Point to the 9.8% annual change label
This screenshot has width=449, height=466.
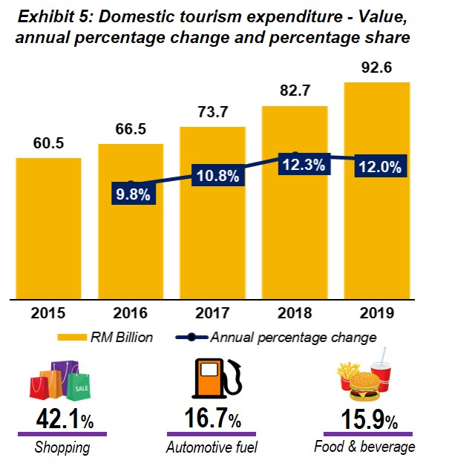(131, 196)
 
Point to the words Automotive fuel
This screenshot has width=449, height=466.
(212, 447)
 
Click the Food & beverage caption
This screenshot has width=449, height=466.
(364, 447)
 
